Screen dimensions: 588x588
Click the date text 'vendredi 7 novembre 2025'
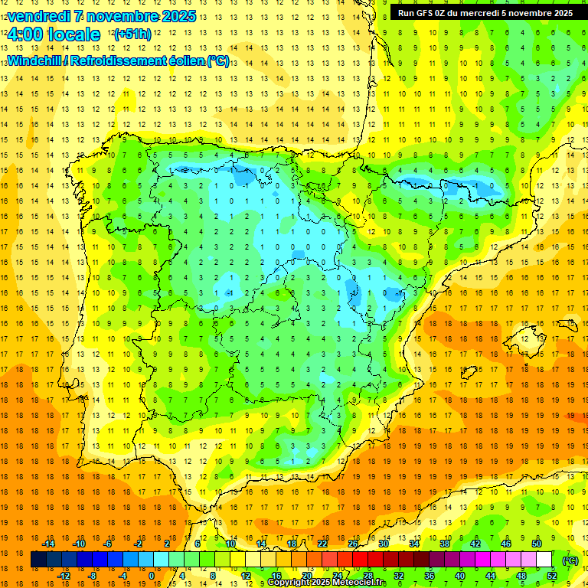(x=101, y=16)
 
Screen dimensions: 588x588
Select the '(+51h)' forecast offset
(x=132, y=34)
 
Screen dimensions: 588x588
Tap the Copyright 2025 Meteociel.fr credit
(x=327, y=583)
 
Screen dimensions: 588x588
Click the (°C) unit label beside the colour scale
(x=570, y=560)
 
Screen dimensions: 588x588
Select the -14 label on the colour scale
(x=48, y=544)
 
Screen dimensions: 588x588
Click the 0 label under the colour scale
(x=151, y=576)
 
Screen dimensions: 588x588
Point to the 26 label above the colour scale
(x=353, y=544)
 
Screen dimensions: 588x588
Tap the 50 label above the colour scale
(x=536, y=544)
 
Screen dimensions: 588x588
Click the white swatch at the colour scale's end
(x=544, y=560)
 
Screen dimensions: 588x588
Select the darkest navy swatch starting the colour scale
(x=38, y=560)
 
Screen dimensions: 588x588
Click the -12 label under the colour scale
(x=64, y=576)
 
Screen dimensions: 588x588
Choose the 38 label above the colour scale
(x=445, y=544)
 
